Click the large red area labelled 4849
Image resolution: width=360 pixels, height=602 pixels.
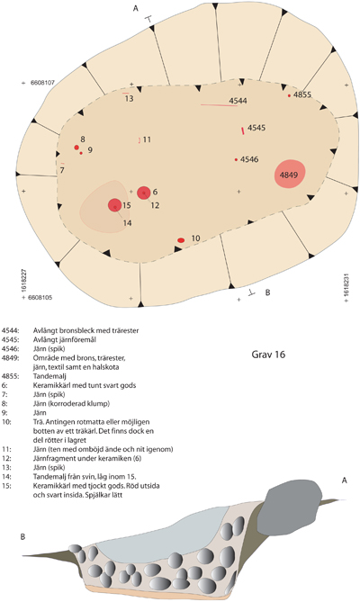pos(290,174)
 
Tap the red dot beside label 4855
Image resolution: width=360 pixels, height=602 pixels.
pos(290,95)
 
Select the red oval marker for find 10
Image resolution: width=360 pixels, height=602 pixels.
pos(181,240)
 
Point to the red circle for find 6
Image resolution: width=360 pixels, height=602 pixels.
pos(144,193)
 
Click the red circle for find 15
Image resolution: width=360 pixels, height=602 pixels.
pos(115,205)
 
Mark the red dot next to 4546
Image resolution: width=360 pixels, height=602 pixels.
pos(236,159)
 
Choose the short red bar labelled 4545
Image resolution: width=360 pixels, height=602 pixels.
pos(243,130)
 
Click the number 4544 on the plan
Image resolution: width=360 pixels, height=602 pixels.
pos(238,101)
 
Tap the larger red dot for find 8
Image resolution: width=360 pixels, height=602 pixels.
pos(76,148)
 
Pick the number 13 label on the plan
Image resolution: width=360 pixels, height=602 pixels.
pos(129,99)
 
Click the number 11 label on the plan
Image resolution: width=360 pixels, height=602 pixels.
pos(147,139)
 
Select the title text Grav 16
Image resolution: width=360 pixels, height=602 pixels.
pos(268,354)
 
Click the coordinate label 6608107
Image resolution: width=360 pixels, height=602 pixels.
pos(41,83)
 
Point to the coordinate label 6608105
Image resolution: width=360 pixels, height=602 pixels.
pos(40,298)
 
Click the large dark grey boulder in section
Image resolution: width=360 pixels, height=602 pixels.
pos(292,499)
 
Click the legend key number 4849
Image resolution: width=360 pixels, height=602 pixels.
pos(10,358)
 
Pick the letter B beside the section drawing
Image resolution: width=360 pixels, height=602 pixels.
pos(22,536)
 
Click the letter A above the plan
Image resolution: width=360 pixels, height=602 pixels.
pos(135,8)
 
